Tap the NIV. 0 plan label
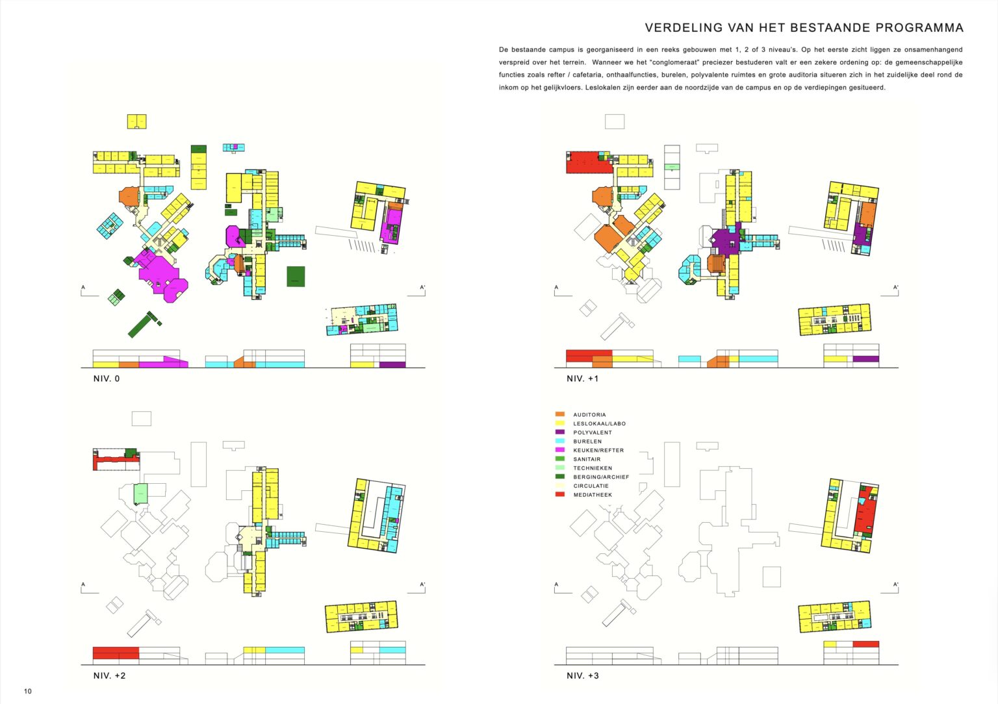[107, 379]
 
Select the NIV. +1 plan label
[583, 379]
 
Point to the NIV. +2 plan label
[110, 675]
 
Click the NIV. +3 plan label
[583, 675]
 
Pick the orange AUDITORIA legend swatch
[560, 414]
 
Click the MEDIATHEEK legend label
[593, 495]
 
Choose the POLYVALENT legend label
[593, 433]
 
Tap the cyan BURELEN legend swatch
[560, 441]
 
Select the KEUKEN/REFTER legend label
[598, 450]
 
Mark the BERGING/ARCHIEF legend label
[601, 477]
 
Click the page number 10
[28, 691]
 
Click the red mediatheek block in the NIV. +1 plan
[589, 163]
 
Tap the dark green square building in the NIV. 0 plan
[296, 276]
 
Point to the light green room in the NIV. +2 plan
[141, 494]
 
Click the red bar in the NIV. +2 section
[116, 653]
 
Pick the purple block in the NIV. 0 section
[392, 365]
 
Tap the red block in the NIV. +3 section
[866, 644]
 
